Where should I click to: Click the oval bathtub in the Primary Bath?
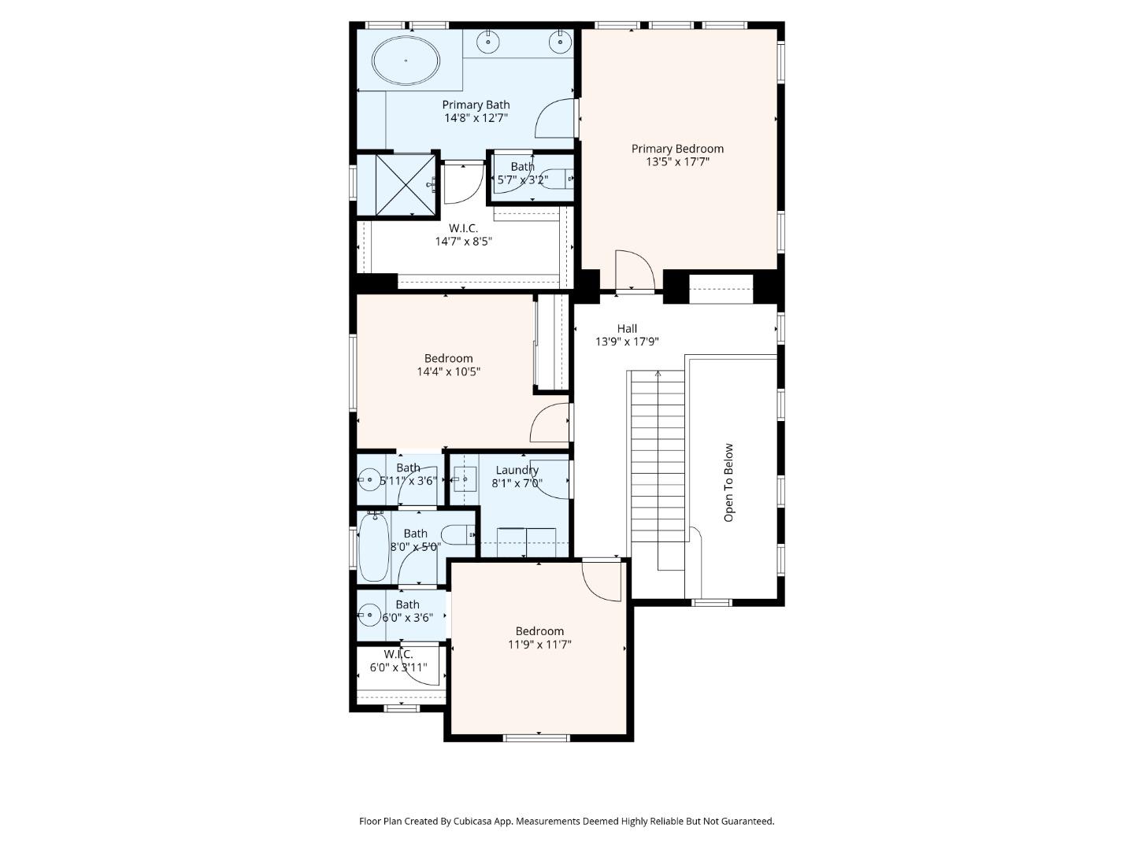[406, 61]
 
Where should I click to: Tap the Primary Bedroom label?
[677, 149]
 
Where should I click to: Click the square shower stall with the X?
[405, 183]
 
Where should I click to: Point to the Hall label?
[627, 328]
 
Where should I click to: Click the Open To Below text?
[728, 482]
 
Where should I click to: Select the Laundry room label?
[517, 471]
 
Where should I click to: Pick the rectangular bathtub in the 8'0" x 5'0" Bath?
[372, 547]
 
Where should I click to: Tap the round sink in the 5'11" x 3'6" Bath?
[368, 479]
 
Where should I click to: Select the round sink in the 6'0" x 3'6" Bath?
[368, 615]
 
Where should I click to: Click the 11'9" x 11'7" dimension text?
[539, 645]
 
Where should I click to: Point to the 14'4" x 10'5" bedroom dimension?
[448, 371]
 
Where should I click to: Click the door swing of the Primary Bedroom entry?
[635, 270]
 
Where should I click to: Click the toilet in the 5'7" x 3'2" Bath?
[558, 179]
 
